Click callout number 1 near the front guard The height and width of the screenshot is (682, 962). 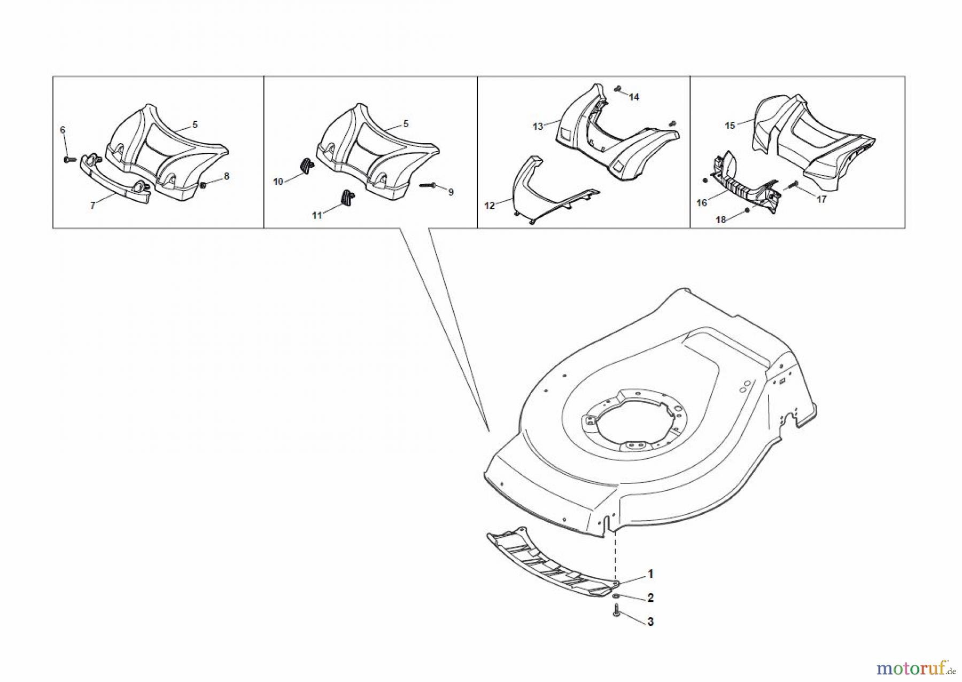pos(650,574)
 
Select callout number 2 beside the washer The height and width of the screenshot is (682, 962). pos(650,598)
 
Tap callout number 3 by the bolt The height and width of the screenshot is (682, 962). pos(650,622)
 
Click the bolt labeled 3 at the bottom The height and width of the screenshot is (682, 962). pos(617,610)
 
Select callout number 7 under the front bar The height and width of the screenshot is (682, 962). pos(92,206)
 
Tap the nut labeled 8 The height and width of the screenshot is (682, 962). pos(204,185)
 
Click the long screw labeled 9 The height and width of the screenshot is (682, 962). pos(429,186)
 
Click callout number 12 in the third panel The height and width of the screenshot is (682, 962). pos(490,206)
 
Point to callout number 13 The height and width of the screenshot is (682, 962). pos(538,127)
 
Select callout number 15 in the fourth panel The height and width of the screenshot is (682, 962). pos(730,126)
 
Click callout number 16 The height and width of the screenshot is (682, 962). pos(702,203)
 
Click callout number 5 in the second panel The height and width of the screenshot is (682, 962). pos(406,124)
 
